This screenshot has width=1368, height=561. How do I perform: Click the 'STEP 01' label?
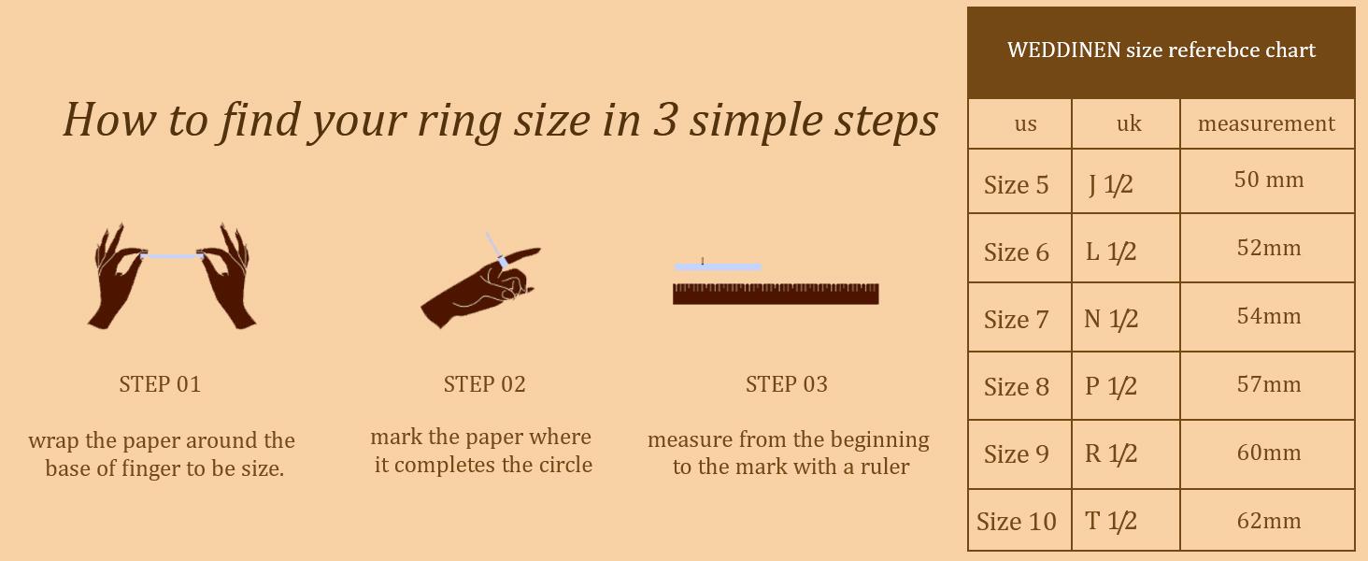[160, 384]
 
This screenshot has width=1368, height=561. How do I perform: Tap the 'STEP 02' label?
[484, 384]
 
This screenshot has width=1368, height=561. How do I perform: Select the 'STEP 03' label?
[786, 384]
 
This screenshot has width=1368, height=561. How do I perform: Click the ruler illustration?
[776, 294]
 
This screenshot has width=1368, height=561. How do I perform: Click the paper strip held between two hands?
[172, 255]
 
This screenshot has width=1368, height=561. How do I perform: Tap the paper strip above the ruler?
[718, 267]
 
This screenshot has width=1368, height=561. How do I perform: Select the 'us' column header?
[1025, 124]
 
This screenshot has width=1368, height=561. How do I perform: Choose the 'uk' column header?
[1129, 124]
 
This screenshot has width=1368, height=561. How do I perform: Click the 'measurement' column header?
[1266, 124]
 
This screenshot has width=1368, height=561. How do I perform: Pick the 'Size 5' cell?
[1016, 185]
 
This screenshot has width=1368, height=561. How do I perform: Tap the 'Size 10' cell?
[1016, 522]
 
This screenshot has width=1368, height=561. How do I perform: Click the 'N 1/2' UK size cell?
[1110, 320]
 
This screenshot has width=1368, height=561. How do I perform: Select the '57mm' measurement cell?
[1268, 384]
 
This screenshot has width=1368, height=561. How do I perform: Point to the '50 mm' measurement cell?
[1268, 180]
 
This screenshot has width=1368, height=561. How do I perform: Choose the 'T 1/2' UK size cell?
[1110, 522]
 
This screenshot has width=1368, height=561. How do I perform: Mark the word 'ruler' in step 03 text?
[885, 467]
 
